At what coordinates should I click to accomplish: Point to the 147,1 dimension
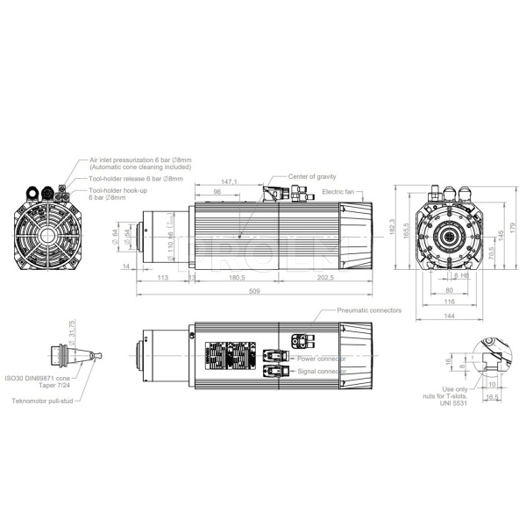click(x=231, y=182)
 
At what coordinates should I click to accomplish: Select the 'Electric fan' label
click(x=339, y=191)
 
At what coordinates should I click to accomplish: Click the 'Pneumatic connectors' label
click(x=369, y=310)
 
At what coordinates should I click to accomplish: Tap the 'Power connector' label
click(x=321, y=359)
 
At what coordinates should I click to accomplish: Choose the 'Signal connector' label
click(x=322, y=372)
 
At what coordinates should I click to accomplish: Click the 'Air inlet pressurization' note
click(x=140, y=162)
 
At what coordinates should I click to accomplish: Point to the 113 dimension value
click(x=162, y=278)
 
